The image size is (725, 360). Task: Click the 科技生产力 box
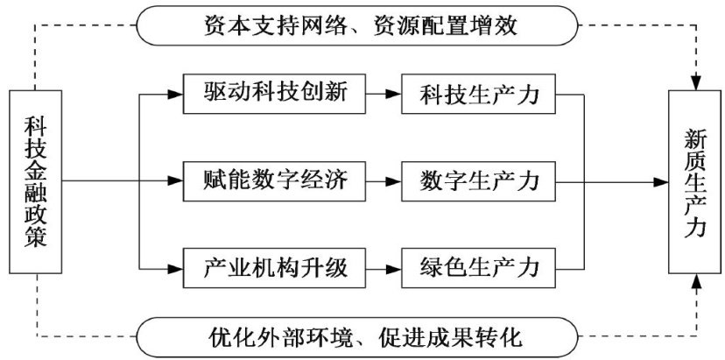[478, 91]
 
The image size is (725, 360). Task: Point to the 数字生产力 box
[478, 181]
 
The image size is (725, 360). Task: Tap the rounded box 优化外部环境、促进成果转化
[362, 335]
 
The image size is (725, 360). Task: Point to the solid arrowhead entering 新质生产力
[661, 181]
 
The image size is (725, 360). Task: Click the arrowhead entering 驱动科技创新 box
[176, 91]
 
